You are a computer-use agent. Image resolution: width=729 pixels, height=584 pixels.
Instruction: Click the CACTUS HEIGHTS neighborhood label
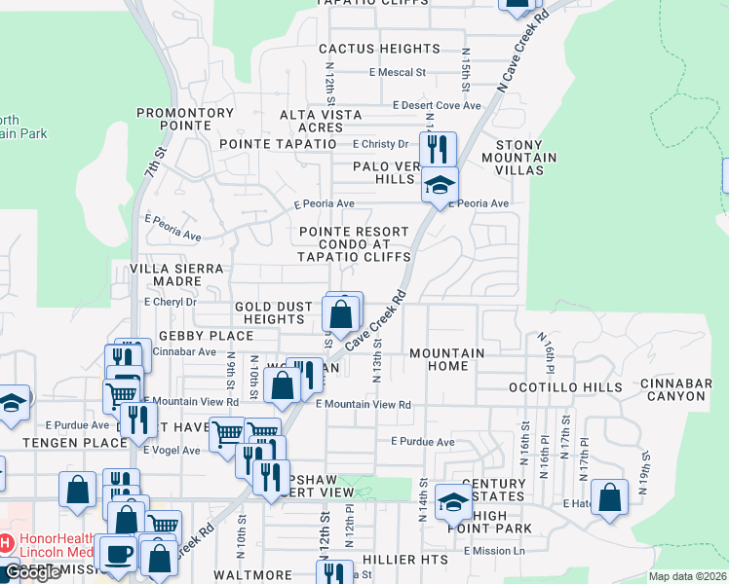(x=379, y=49)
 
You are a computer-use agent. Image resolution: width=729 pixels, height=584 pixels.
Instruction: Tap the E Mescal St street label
(x=398, y=72)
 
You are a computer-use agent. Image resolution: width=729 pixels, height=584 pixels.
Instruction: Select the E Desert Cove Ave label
(x=437, y=105)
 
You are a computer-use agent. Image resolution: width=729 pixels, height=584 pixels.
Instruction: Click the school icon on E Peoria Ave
(x=440, y=184)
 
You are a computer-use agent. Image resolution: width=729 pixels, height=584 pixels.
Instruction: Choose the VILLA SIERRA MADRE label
(x=176, y=274)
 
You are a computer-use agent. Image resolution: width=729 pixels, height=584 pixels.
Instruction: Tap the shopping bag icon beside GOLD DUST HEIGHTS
(x=341, y=313)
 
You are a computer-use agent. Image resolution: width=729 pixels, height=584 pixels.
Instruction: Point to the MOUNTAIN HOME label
(x=446, y=359)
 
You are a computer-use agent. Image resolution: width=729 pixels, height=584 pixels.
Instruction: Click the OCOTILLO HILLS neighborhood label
(x=565, y=387)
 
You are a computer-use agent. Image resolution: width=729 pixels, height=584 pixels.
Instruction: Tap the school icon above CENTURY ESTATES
(x=453, y=501)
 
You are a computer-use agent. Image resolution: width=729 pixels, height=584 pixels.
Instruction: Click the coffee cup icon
(x=118, y=553)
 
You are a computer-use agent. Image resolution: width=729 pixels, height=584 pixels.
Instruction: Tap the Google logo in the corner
(x=33, y=572)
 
